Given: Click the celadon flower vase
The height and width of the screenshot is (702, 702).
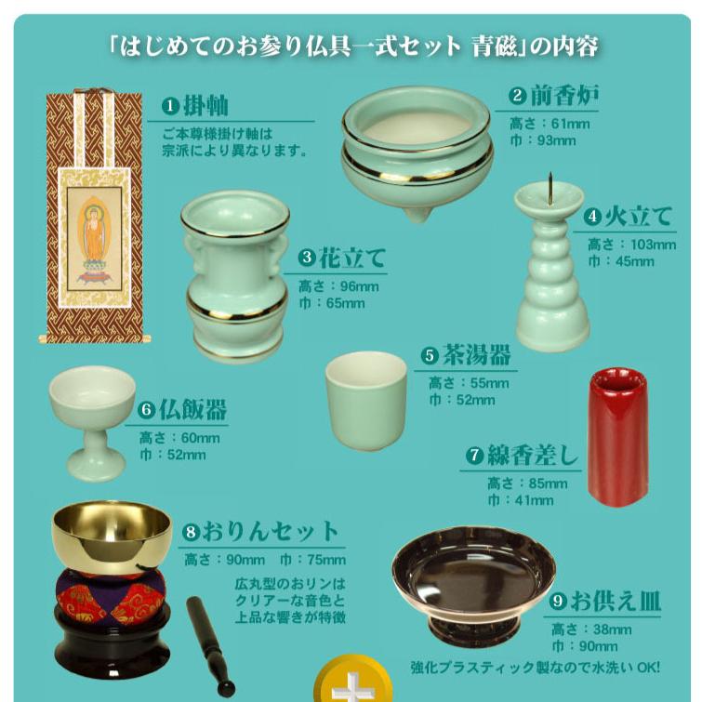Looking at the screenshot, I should point(234,279).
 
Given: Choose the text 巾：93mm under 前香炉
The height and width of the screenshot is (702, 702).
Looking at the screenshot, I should point(543,141).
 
